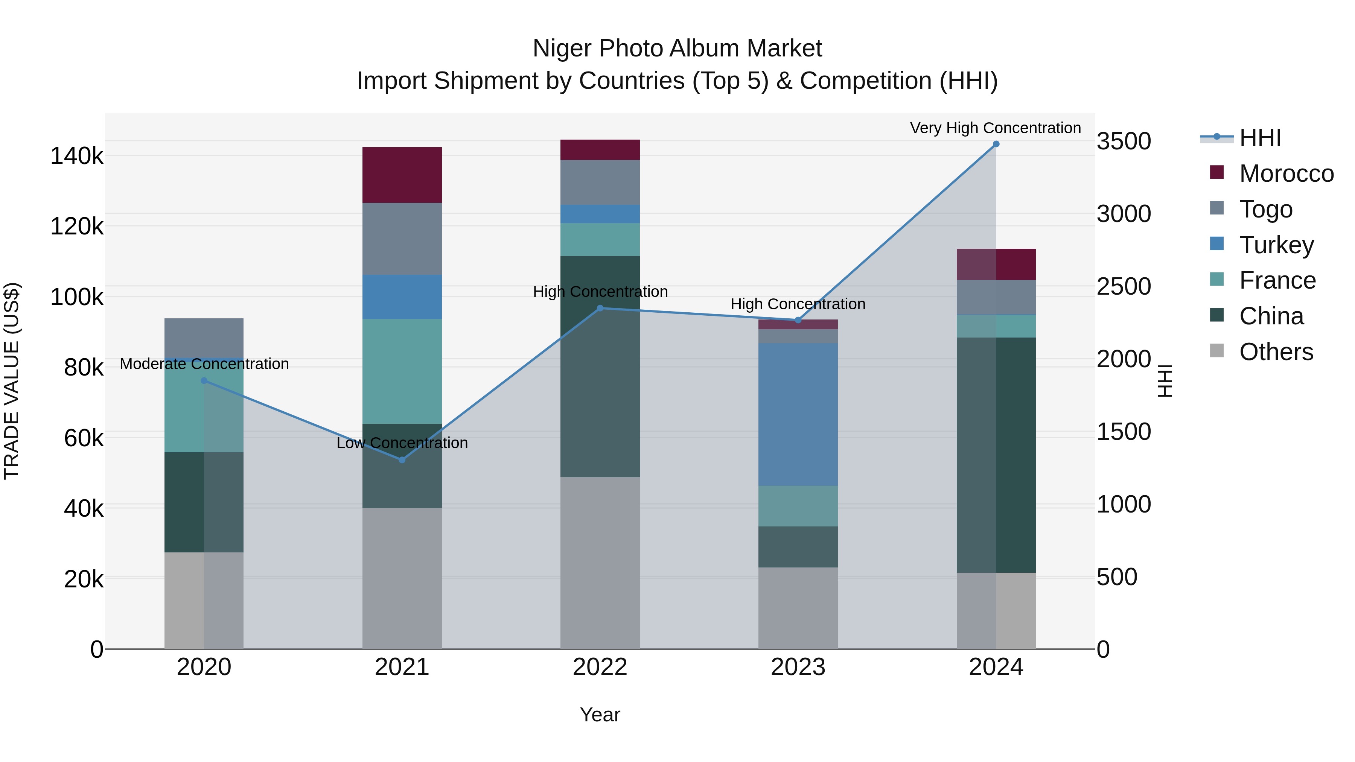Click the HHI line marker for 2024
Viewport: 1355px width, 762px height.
(996, 144)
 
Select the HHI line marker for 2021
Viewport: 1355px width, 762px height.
(402, 460)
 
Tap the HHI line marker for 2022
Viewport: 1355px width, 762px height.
(600, 308)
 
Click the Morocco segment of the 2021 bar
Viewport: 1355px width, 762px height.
(402, 175)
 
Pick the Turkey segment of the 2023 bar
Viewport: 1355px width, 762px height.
(798, 414)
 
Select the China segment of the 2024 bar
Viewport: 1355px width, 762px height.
(996, 455)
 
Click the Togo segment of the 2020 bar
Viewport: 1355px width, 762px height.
(204, 338)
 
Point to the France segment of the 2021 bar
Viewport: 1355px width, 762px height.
(402, 371)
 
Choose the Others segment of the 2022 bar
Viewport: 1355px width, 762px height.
(600, 563)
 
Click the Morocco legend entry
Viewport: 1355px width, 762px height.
(1286, 173)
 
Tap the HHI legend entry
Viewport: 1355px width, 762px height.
(1260, 138)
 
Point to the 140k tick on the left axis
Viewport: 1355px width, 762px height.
(77, 156)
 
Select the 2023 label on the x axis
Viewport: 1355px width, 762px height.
(798, 667)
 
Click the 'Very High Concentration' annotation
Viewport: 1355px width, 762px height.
(995, 128)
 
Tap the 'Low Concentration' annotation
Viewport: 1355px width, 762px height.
(402, 443)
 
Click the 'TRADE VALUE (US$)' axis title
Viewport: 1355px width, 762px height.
(12, 381)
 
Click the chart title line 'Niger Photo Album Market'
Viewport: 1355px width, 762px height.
(677, 49)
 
